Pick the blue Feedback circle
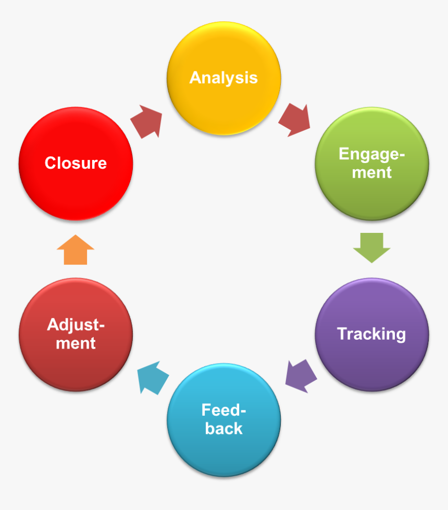223,419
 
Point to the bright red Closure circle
76,163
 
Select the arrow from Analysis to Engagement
295,120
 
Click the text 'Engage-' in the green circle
371,154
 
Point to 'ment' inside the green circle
371,172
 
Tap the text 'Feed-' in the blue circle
223,410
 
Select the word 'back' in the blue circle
223,429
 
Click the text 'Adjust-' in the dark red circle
76,325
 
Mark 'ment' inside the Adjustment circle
76,343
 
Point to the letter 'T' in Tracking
342,334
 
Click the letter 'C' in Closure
50,163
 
